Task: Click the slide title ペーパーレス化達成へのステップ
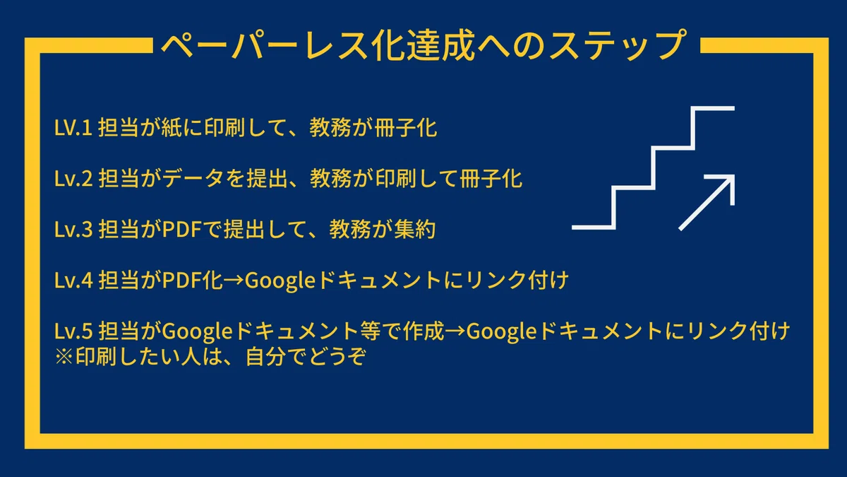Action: [x=423, y=45]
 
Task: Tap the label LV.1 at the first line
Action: [x=73, y=128]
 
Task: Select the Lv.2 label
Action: [x=73, y=179]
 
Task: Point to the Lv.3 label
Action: [x=73, y=230]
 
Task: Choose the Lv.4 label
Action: [x=73, y=281]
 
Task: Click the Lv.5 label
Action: [x=73, y=331]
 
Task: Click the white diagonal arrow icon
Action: [x=707, y=202]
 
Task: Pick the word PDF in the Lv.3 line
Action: [x=181, y=230]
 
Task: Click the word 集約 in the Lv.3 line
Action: [x=415, y=230]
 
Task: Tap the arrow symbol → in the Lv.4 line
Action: [x=234, y=281]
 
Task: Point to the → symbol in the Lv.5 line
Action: [x=455, y=331]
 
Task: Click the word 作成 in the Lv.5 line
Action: [x=423, y=331]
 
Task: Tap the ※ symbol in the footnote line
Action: [x=64, y=357]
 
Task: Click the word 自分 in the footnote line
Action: [x=265, y=357]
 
